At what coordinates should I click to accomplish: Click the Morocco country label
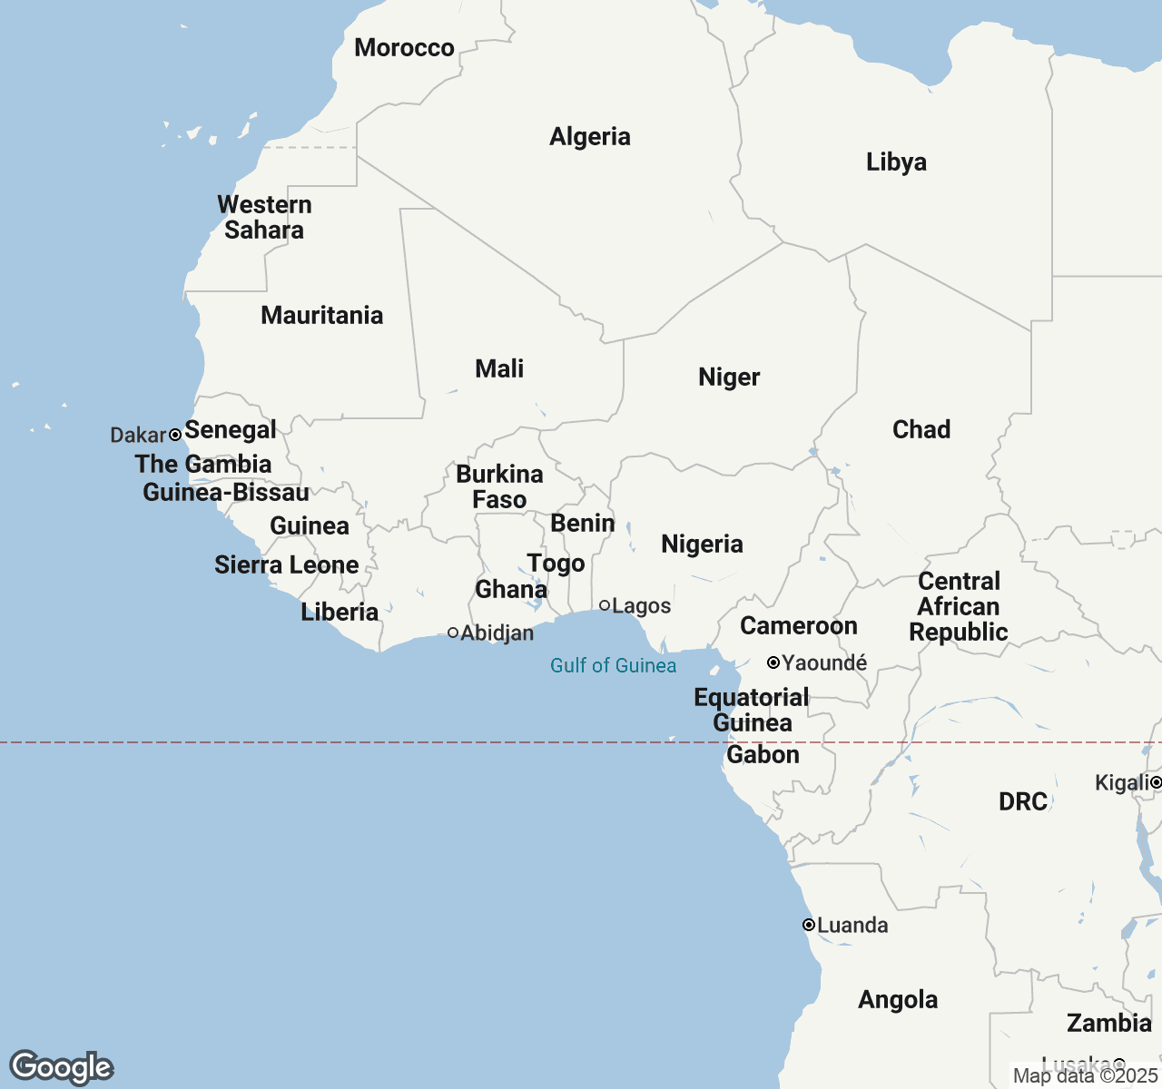[x=404, y=48]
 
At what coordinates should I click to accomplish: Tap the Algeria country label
[x=589, y=137]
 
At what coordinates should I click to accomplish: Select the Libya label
[x=896, y=162]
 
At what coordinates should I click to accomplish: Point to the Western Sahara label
[x=264, y=218]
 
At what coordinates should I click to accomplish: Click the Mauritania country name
[x=321, y=316]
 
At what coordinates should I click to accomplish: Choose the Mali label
[x=499, y=369]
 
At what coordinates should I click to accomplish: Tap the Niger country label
[x=729, y=378]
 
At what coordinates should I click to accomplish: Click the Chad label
[x=921, y=430]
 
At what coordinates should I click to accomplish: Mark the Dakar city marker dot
[x=175, y=435]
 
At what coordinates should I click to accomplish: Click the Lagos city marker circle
[x=605, y=605]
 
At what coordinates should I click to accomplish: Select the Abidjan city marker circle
[x=453, y=633]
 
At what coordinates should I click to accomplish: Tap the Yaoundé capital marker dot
[x=773, y=662]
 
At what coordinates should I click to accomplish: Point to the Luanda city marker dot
[x=808, y=925]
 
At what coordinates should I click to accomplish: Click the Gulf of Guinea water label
[x=613, y=666]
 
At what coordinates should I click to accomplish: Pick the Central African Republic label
[x=959, y=607]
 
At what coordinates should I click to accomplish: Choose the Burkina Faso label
[x=499, y=487]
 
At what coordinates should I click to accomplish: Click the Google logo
[x=61, y=1067]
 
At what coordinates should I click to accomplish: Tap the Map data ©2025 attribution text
[x=1085, y=1076]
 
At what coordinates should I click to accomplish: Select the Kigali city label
[x=1122, y=783]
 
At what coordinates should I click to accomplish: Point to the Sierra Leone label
[x=286, y=565]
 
